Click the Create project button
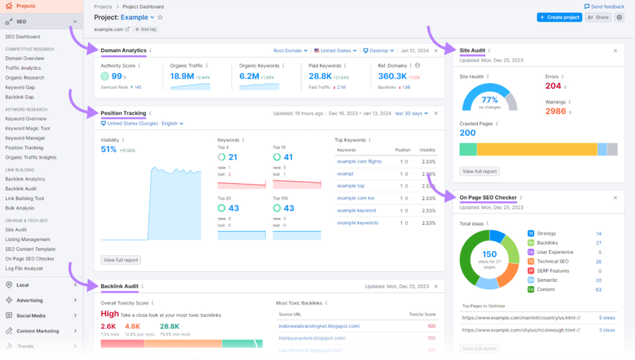[x=559, y=17]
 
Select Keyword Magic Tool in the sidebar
[x=27, y=128]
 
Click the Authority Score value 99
[x=116, y=76]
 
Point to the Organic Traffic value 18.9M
[x=182, y=76]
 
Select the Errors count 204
[x=553, y=86]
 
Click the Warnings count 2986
[x=555, y=111]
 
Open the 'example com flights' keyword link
[x=359, y=161]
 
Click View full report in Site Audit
[x=480, y=171]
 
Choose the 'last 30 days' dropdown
[x=410, y=113]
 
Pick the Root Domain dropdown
[x=290, y=51]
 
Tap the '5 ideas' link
[x=607, y=318]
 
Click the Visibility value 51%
[x=109, y=149]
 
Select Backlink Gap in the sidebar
[x=20, y=97]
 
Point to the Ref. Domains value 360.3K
[x=392, y=76]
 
